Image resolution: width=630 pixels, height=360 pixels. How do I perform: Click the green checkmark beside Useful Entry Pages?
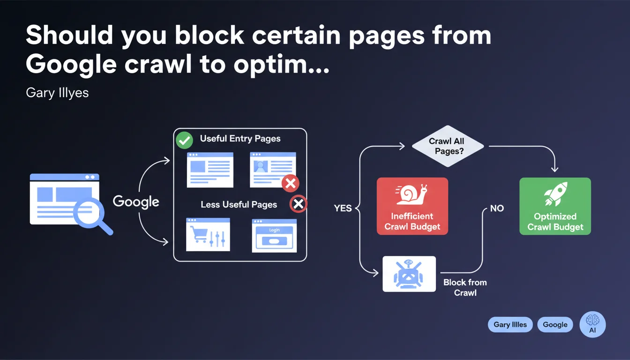pyautogui.click(x=184, y=140)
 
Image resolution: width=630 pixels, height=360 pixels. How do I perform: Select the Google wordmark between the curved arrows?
pyautogui.click(x=136, y=202)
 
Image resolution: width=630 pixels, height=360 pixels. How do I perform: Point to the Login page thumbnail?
pyautogui.click(x=274, y=235)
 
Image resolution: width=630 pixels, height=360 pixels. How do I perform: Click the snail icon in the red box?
pyautogui.click(x=412, y=195)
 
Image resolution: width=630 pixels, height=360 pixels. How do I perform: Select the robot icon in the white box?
pyautogui.click(x=409, y=274)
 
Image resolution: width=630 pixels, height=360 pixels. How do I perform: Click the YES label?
pyautogui.click(x=343, y=209)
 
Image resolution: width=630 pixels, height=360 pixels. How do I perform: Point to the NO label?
pyautogui.click(x=496, y=208)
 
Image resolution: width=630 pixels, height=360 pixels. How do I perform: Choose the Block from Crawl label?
pyautogui.click(x=465, y=287)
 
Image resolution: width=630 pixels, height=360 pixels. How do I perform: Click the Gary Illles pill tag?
pyautogui.click(x=510, y=324)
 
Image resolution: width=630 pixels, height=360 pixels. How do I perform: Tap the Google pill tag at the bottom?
pyautogui.click(x=555, y=324)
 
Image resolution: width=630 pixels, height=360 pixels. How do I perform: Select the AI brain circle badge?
pyautogui.click(x=592, y=324)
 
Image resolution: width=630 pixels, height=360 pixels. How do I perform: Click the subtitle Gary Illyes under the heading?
pyautogui.click(x=57, y=92)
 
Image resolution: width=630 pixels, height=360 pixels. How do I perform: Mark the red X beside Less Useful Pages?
pyautogui.click(x=299, y=204)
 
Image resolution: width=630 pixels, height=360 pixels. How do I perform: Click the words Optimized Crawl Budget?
pyautogui.click(x=555, y=222)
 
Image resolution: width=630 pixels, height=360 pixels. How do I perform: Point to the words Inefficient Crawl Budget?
pyautogui.click(x=412, y=222)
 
